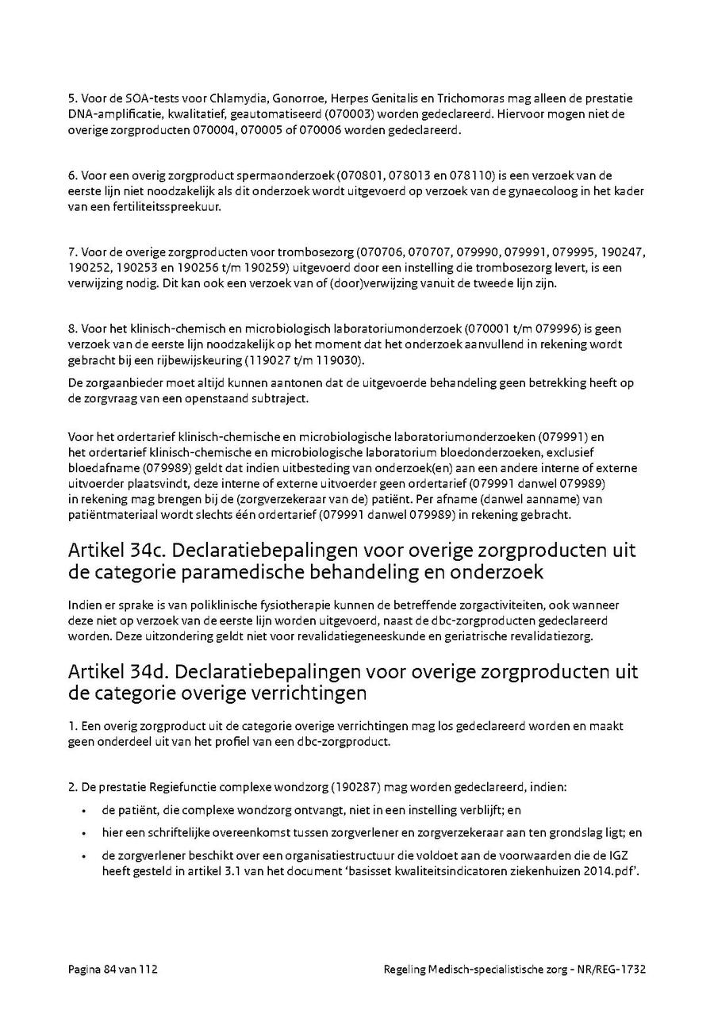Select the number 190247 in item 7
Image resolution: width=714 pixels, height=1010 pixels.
click(621, 252)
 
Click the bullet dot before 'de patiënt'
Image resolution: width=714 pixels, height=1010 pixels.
click(84, 811)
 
